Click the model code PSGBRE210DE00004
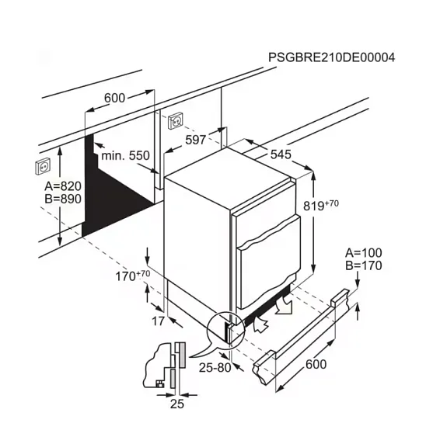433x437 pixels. pos(331,57)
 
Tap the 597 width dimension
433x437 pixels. pos(196,140)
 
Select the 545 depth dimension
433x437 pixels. pos(281,154)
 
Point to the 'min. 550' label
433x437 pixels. pos(125,155)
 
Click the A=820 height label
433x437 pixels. pos(63,186)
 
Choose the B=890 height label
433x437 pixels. pos(63,199)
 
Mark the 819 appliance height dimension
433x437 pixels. pos(321,205)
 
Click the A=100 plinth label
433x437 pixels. pos(364,252)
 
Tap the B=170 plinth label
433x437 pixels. pos(364,265)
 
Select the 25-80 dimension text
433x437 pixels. pos(215,368)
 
